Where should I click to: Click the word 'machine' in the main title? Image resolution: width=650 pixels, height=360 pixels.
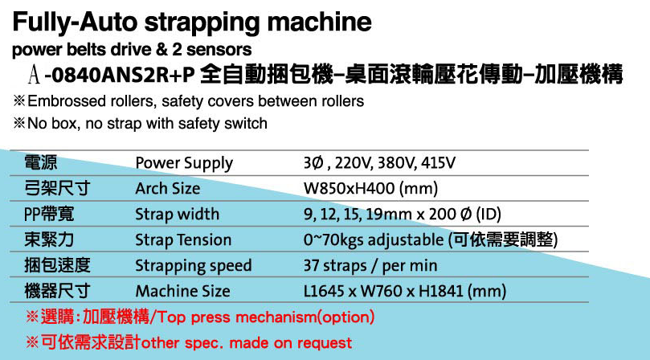coord(319,22)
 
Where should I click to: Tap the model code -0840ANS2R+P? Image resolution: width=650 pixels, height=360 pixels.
coord(120,75)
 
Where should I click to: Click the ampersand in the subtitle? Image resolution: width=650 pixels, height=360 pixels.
coord(162,49)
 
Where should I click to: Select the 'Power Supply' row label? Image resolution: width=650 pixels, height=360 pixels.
coord(184,163)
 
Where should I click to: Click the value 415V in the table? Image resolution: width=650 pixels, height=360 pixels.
coord(438,162)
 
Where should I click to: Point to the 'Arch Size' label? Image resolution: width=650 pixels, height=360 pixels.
coord(167,189)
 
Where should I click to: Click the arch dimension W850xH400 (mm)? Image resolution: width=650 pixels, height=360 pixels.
coord(370,189)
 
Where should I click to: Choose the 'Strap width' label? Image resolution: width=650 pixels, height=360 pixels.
coord(177,215)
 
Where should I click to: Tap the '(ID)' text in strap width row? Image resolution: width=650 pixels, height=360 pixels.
coord(489,215)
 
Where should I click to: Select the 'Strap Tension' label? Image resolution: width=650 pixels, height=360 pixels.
coord(183,240)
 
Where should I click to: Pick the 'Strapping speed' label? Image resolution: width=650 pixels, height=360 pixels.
coord(193,266)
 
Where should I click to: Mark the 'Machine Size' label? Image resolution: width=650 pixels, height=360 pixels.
coord(182,291)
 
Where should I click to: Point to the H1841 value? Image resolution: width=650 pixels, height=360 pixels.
coord(440,291)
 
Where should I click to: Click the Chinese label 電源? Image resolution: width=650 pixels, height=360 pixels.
coord(41,162)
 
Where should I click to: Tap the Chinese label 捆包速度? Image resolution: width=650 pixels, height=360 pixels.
coord(57,265)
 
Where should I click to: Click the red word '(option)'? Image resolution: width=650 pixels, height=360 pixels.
coord(345,317)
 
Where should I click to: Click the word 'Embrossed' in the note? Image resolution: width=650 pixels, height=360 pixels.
coord(67,100)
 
